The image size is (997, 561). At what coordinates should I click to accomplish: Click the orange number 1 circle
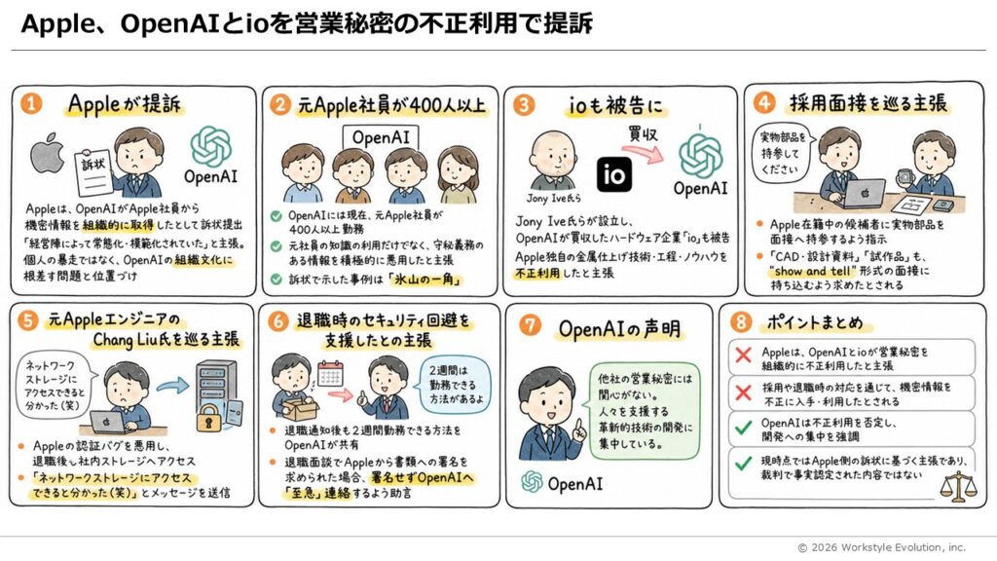coord(30,103)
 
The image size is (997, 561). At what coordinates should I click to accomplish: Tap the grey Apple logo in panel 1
coord(47,153)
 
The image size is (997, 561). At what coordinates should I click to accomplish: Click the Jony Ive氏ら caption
coord(553,198)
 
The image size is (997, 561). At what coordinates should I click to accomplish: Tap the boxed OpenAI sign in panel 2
coord(381,137)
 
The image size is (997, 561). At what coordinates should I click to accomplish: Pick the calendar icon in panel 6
coord(330,373)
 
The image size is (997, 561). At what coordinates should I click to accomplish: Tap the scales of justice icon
coord(958,486)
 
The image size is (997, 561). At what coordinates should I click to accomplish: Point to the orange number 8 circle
coord(741,321)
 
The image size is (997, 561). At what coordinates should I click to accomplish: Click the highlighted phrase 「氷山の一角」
coord(425,280)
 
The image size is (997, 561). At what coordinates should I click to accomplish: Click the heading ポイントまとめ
coord(815,322)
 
